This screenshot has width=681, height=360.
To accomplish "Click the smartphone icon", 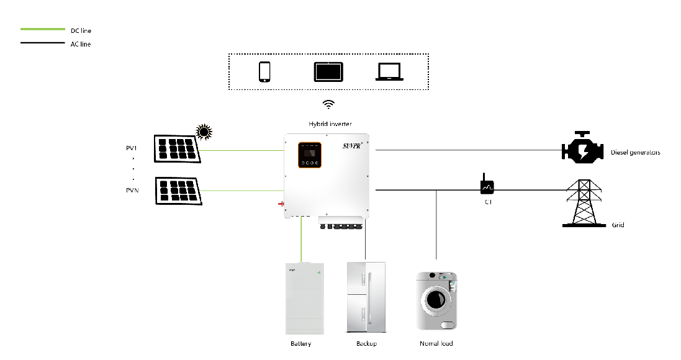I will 264,71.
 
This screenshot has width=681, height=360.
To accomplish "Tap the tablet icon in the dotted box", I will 328,71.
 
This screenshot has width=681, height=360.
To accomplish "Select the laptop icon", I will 390,72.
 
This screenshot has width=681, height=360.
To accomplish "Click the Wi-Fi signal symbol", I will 329,104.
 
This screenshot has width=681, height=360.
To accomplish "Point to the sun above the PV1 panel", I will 204,131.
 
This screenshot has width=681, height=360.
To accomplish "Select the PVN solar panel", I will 178,191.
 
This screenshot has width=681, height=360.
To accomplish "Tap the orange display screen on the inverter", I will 309,155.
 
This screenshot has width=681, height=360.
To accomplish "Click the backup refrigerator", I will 366,298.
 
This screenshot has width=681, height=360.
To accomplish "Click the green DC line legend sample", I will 42,29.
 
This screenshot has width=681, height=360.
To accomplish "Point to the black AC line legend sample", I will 42,43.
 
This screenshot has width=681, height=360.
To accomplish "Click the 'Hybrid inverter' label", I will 329,124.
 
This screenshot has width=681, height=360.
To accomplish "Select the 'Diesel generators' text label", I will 635,152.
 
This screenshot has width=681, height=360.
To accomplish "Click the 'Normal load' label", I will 436,343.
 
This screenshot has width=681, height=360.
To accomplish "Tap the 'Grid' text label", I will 618,225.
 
